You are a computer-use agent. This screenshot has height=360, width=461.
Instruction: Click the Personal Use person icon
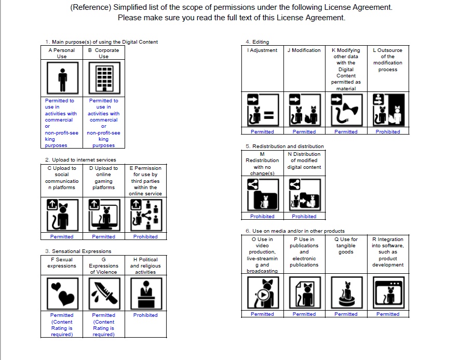coord(62,78)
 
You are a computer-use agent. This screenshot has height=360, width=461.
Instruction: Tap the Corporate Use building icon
coord(104,78)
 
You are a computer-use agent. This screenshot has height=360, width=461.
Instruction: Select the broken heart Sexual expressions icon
coord(62,293)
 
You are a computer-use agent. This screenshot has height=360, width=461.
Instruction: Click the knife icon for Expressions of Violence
coord(104,293)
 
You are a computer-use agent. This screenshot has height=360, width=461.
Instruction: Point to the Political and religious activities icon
coord(145,293)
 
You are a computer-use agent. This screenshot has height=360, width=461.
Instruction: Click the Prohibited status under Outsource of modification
coord(388,132)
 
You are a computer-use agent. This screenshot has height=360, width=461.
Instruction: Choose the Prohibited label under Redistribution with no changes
coord(262,217)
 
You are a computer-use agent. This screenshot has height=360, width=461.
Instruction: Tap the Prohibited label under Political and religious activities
coord(145,315)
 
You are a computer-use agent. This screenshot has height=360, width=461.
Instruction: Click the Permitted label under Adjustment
coord(262,132)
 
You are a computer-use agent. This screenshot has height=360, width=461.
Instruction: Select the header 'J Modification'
coord(304,50)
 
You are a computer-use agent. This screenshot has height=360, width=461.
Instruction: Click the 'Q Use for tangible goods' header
coord(346,246)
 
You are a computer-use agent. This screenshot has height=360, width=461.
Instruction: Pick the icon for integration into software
coord(388,293)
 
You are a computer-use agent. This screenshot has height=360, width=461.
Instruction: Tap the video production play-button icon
coord(262,293)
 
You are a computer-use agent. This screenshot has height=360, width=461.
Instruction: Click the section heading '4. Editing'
coord(257,42)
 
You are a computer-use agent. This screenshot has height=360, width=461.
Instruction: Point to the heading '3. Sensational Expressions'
coord(78,251)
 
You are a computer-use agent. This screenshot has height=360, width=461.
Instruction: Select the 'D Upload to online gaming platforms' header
coord(104,178)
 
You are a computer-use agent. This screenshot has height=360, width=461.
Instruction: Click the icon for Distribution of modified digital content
coord(304,194)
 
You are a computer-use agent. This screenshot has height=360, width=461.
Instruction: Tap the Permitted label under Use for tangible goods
coord(346,314)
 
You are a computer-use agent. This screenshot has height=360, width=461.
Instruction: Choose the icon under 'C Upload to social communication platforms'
coord(62,215)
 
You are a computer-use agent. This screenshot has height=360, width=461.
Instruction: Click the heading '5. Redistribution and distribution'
coord(284,146)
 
